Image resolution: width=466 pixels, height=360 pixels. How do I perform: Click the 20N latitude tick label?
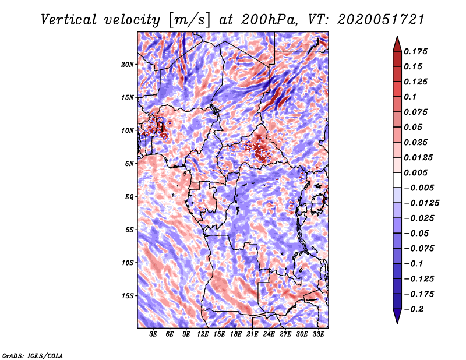[128, 64]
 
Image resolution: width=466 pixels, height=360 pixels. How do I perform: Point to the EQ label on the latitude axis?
[129, 197]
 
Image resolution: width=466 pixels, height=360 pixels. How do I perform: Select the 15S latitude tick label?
[128, 296]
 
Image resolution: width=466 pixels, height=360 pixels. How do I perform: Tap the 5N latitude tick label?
[130, 164]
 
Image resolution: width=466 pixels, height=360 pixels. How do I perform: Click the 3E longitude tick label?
[153, 335]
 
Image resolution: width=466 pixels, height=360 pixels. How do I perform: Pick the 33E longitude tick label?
[318, 335]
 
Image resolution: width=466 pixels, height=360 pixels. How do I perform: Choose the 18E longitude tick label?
[235, 335]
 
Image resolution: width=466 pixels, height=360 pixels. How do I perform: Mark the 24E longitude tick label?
[269, 335]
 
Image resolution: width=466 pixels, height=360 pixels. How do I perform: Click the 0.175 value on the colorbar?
[417, 52]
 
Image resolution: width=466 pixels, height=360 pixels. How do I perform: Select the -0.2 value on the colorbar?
[415, 309]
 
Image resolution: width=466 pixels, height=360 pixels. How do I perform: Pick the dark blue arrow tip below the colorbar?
[396, 319]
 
